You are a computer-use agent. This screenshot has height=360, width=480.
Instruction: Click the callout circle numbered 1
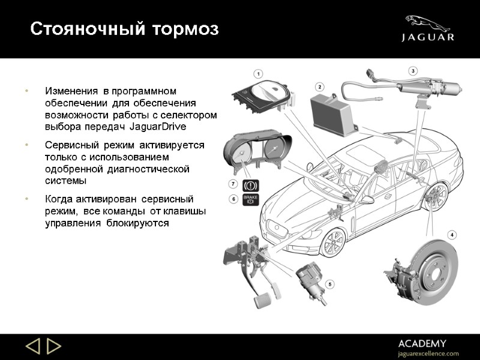pos(259,74)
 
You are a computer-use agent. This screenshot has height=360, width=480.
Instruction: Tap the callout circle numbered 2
pos(320,86)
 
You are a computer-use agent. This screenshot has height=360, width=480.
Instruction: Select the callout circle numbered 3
pos(413,71)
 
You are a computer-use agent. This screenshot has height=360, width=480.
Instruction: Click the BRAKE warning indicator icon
pos(250,199)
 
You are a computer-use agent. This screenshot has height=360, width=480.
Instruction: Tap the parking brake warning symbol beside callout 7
pos(250,184)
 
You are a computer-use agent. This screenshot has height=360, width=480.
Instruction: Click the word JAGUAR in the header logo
pos(428,38)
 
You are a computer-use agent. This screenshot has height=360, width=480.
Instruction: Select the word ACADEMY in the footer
pos(422,343)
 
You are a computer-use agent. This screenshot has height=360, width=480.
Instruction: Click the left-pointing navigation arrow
pos(32,347)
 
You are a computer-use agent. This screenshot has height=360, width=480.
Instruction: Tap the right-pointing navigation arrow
pos(54,347)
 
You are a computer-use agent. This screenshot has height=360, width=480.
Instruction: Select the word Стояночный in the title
pos(73,28)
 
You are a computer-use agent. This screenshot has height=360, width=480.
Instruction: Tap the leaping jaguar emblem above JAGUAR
pos(427,23)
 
